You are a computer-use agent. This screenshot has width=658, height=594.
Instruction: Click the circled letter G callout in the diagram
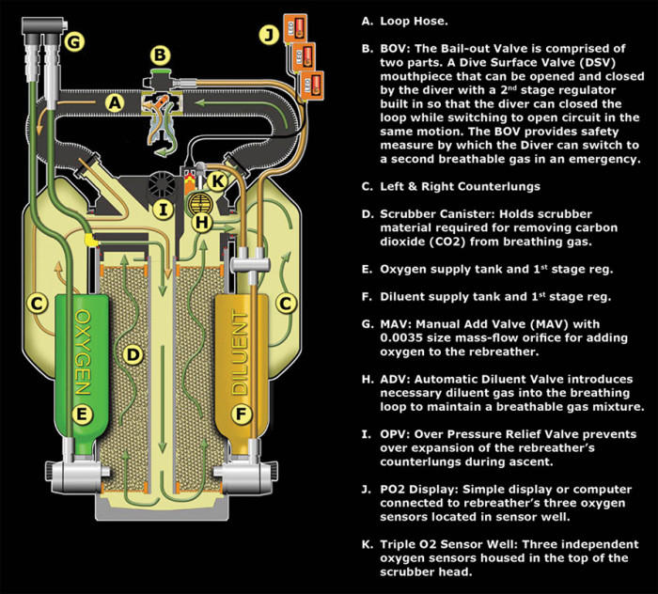(x=74, y=40)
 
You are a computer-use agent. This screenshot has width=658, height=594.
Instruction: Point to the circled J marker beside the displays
(x=267, y=37)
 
